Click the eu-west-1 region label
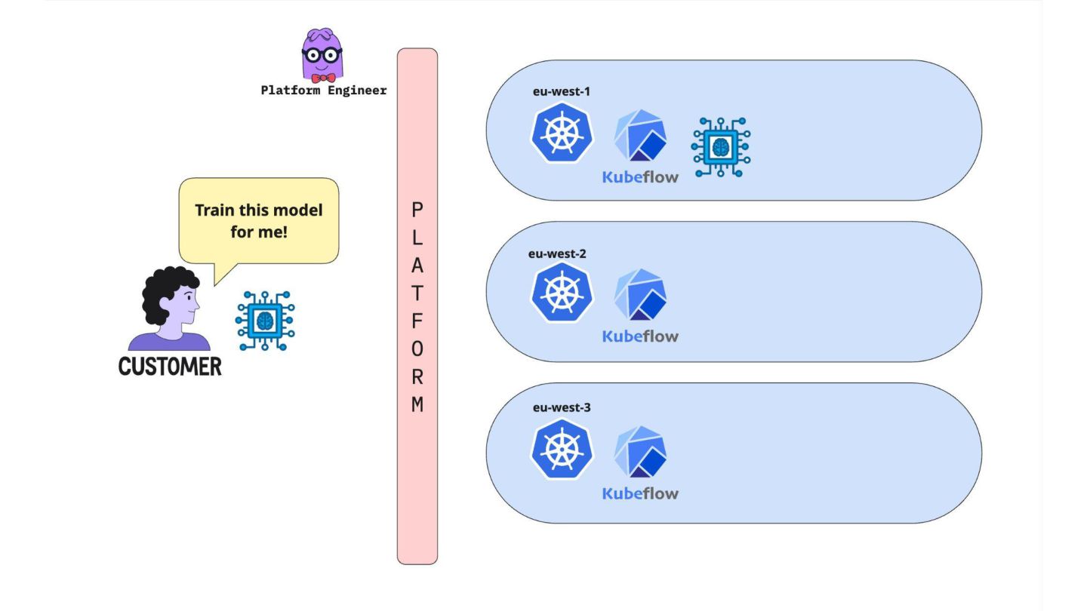click(561, 92)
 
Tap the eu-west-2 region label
click(557, 253)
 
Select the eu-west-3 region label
click(562, 407)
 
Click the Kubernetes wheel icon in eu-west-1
click(562, 133)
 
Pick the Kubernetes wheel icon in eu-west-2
click(562, 293)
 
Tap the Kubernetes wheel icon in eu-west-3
click(562, 450)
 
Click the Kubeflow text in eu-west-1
click(640, 177)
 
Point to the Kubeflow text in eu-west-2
click(640, 336)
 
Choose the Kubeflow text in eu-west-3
click(640, 493)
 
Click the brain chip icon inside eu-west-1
click(721, 147)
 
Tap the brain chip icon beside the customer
click(265, 321)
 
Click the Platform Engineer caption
click(324, 91)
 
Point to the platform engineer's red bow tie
click(323, 78)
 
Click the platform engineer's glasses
click(322, 54)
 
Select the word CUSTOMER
click(170, 367)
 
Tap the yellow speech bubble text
click(259, 221)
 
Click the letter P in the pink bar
click(417, 210)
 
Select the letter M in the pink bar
click(417, 404)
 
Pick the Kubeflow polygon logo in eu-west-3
click(640, 451)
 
